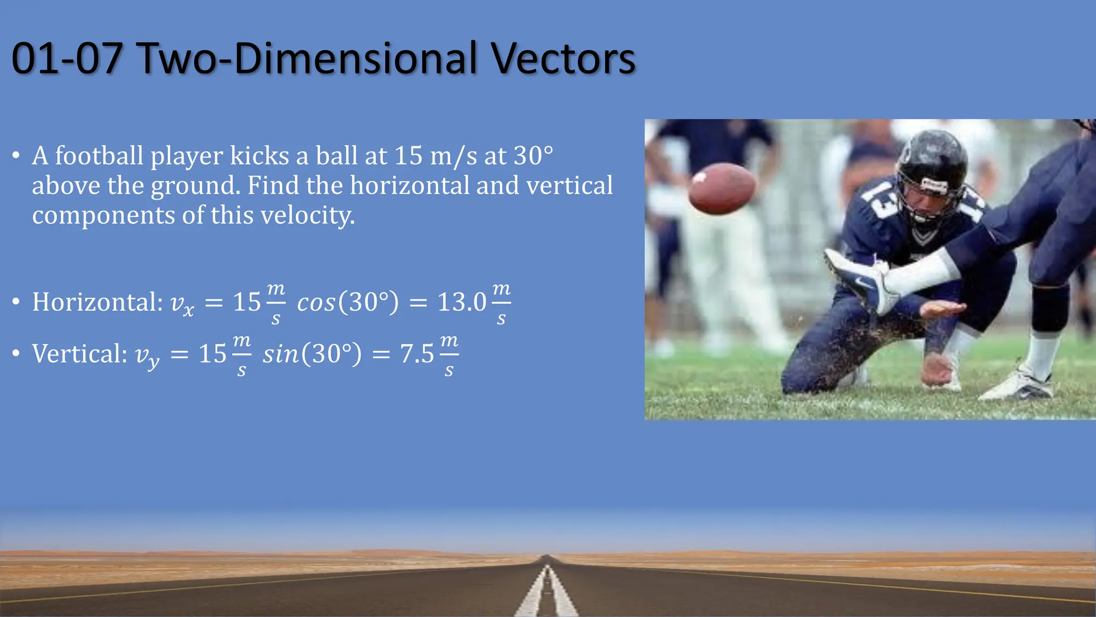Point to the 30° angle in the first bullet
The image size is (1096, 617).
[533, 156]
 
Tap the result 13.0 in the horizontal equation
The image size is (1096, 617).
[462, 302]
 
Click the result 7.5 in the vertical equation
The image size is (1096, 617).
[417, 353]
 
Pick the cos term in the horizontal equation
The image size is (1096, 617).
[316, 303]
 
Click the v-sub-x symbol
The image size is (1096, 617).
[182, 304]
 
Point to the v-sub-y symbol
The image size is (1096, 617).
[147, 356]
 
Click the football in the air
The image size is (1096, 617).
[721, 189]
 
